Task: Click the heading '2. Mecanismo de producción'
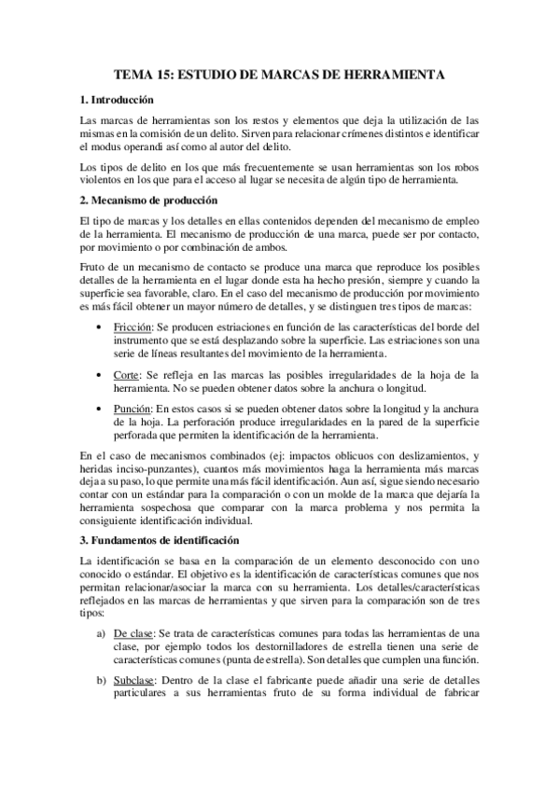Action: [148, 201]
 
